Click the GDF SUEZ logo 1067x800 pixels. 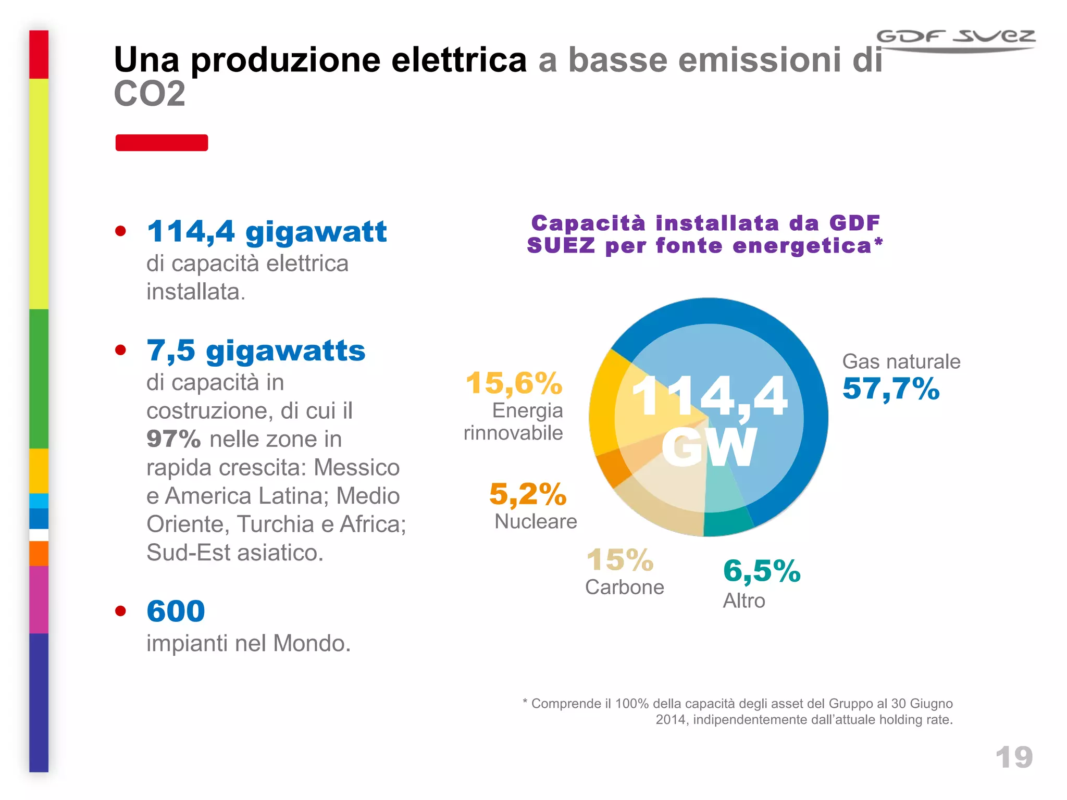tap(956, 40)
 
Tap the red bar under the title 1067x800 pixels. tap(162, 143)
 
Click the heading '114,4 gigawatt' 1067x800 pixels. tap(267, 231)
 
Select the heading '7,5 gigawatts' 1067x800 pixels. tap(256, 351)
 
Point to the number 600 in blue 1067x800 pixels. tap(176, 611)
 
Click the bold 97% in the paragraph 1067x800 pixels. tap(173, 439)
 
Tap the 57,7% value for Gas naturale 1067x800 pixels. tap(890, 389)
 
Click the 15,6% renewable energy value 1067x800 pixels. tap(514, 383)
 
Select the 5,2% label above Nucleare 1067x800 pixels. tap(527, 494)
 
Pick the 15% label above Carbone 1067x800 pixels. tap(619, 560)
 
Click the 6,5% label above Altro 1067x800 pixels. tap(761, 571)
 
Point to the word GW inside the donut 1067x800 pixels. tap(709, 447)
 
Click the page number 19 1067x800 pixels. tap(1013, 757)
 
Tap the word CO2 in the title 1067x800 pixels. tap(150, 94)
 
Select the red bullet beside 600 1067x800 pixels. tap(121, 610)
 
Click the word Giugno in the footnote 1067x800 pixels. tap(931, 704)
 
